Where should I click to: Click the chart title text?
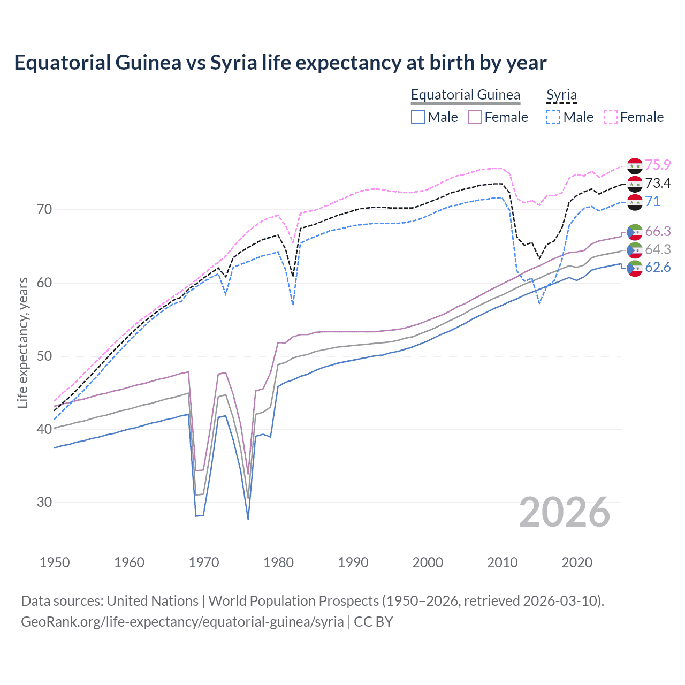tap(280, 63)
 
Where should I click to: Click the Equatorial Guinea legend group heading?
tap(465, 95)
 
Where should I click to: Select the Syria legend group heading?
tap(561, 95)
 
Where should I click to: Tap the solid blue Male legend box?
tap(418, 117)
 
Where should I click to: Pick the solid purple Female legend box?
tap(475, 117)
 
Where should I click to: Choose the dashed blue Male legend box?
tap(553, 117)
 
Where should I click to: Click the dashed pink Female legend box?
tap(611, 117)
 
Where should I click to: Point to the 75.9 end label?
tap(658, 165)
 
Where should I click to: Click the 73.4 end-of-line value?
tap(658, 183)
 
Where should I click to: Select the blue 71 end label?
tap(652, 201)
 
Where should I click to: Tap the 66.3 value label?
tap(658, 231)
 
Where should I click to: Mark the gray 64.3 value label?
tap(658, 249)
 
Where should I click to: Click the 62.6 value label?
tap(658, 268)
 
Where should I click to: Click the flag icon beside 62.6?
tap(635, 268)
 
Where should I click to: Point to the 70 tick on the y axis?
tap(44, 209)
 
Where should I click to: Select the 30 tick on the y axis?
tap(44, 502)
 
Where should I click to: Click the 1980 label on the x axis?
tap(278, 562)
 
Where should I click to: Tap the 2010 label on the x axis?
tap(502, 562)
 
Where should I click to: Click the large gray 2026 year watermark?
tap(564, 512)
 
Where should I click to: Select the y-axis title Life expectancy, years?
tap(22, 342)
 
